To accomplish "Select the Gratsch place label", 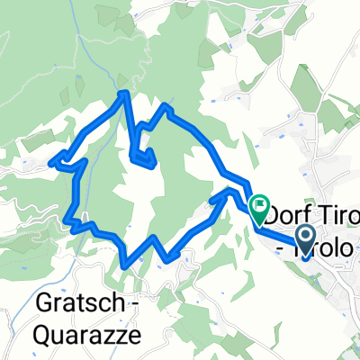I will point(75,303).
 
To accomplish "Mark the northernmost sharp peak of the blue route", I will point(125,92).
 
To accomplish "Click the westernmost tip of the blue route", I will point(51,162).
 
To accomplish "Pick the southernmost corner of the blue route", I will point(123,265).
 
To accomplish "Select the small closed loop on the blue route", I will point(144,157).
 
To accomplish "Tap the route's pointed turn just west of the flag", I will point(229,191).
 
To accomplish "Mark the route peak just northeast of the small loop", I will point(166,107).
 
